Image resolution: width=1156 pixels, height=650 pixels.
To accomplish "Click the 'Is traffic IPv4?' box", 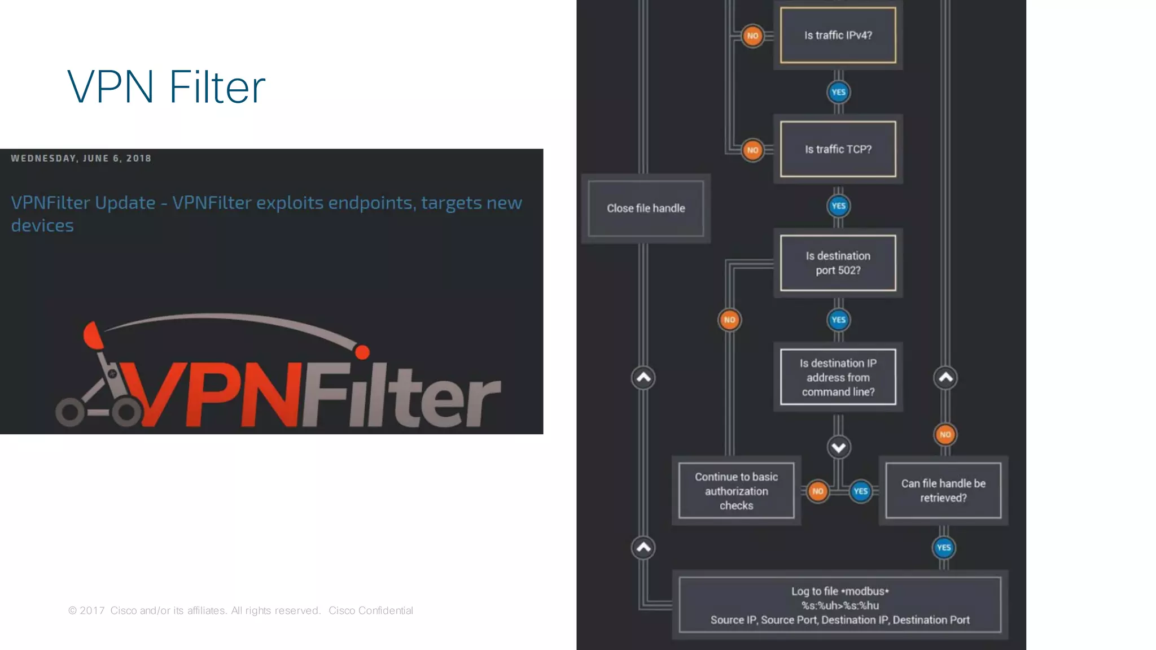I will click(x=838, y=35).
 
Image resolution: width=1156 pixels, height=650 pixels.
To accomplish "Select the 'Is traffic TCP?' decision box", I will click(x=838, y=149).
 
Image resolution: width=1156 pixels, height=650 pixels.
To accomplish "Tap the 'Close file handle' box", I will click(x=646, y=208).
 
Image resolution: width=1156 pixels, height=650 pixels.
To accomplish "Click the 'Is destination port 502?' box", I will click(x=838, y=263).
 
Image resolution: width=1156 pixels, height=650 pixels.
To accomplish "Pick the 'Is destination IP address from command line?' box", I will click(x=838, y=377).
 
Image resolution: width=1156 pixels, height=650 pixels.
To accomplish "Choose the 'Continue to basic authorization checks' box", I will click(x=736, y=491).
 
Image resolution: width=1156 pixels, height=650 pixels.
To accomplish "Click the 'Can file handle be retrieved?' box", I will click(x=943, y=491).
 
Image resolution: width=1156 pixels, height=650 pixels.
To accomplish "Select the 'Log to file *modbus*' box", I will click(x=840, y=605).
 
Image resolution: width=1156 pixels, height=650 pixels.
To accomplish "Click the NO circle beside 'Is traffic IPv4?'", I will click(x=752, y=36).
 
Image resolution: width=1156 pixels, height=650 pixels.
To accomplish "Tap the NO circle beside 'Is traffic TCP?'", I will click(x=752, y=150).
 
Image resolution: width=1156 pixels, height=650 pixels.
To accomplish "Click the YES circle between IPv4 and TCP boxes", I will click(x=838, y=92).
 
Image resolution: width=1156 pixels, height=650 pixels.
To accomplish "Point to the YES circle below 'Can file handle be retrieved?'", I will click(x=943, y=547).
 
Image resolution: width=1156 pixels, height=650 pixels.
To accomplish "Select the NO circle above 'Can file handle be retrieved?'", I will click(x=945, y=434).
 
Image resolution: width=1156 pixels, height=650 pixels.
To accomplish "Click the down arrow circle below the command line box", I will click(x=839, y=448).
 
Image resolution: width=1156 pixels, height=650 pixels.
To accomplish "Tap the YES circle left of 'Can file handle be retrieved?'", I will click(x=860, y=491).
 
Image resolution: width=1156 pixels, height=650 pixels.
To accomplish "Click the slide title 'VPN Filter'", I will click(x=166, y=88).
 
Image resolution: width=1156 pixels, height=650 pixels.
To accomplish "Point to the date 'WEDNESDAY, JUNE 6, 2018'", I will click(x=81, y=159).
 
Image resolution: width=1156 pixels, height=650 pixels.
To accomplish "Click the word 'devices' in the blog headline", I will click(x=42, y=225).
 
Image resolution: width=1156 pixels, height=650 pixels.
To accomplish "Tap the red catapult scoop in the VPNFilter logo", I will click(x=93, y=335).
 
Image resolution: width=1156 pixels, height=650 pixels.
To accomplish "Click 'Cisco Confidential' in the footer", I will click(x=371, y=610).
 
